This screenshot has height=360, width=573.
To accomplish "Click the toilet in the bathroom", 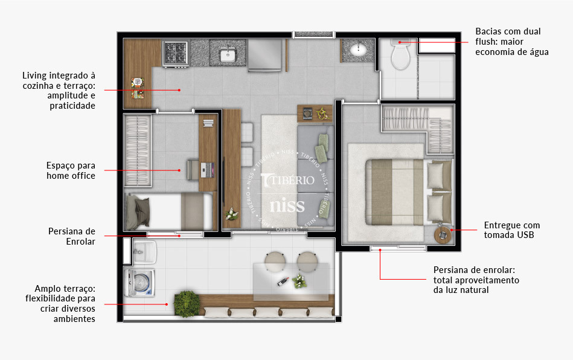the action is (x=401, y=54).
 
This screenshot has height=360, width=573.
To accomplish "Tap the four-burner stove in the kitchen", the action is (x=176, y=53).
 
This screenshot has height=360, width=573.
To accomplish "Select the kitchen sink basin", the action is (x=228, y=56).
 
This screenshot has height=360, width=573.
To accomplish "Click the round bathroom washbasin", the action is (x=358, y=48).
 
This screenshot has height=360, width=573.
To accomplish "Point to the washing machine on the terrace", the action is (x=139, y=283).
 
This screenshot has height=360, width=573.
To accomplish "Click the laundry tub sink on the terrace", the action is (x=144, y=251).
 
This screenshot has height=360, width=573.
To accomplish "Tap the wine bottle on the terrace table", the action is (x=283, y=281).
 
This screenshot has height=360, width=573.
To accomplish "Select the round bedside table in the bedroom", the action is (x=443, y=235).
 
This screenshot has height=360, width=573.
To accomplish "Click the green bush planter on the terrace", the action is (x=187, y=303).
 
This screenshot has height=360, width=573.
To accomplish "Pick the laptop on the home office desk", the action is (x=208, y=170).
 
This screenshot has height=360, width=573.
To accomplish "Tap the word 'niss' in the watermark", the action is (x=287, y=206).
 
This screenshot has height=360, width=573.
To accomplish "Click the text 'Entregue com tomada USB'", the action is (x=511, y=230).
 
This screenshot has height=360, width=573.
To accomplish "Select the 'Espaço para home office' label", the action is (x=71, y=170).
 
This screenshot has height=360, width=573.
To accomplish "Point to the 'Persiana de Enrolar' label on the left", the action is (x=72, y=236).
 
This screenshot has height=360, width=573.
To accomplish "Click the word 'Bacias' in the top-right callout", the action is (x=487, y=31).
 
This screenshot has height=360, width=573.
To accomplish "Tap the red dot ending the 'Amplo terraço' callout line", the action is (x=167, y=304).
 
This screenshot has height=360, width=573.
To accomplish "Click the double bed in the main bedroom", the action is (x=409, y=192).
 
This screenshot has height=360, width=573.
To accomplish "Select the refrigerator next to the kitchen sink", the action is (x=265, y=55).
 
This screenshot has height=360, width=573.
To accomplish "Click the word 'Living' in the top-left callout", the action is (x=34, y=76).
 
